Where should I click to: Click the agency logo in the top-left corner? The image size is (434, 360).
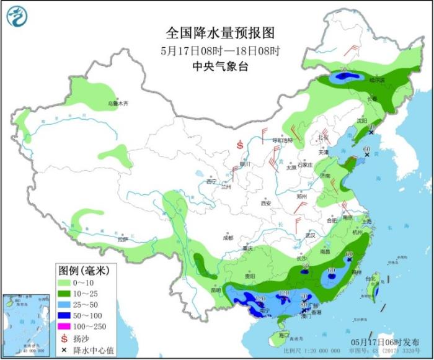point(18,17)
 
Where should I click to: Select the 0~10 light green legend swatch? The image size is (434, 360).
point(65,282)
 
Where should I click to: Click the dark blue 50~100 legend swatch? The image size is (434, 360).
point(65,314)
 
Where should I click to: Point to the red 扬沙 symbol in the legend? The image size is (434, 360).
point(65,338)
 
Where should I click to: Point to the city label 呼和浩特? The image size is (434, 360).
point(283,140)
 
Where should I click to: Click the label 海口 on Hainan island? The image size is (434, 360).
point(284,335)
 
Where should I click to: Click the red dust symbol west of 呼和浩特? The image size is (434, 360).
point(240,145)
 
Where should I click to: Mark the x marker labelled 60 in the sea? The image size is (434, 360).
point(367,156)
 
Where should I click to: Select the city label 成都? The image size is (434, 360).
point(228,238)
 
